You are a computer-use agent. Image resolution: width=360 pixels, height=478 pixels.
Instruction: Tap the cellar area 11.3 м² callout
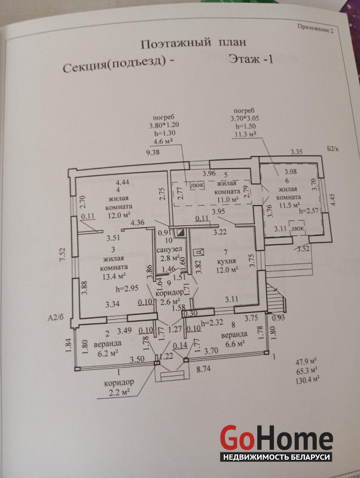(x=245, y=134)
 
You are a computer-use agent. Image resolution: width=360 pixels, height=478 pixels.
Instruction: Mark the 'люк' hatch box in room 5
(x=197, y=186)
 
